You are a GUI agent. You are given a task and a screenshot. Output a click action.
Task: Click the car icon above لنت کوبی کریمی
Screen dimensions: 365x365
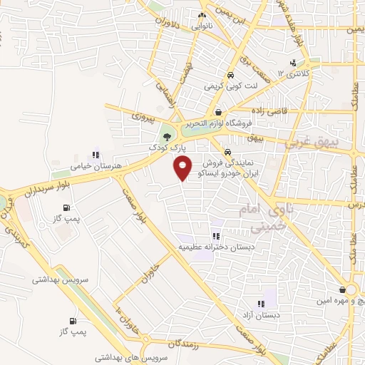(x=230, y=75)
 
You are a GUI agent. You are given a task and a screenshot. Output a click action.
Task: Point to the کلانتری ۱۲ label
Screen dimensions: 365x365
(x=294, y=73)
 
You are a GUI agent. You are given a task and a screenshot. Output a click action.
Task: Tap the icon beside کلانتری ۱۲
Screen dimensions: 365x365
(x=294, y=62)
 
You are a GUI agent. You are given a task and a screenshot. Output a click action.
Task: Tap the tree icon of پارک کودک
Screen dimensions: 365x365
(x=167, y=135)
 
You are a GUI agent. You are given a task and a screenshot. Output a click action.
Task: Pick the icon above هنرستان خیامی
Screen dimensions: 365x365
(x=96, y=155)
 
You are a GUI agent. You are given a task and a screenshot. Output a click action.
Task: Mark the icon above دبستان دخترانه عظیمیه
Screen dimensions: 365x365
(x=215, y=236)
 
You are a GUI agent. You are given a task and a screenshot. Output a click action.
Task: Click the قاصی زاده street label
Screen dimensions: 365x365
(x=269, y=110)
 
